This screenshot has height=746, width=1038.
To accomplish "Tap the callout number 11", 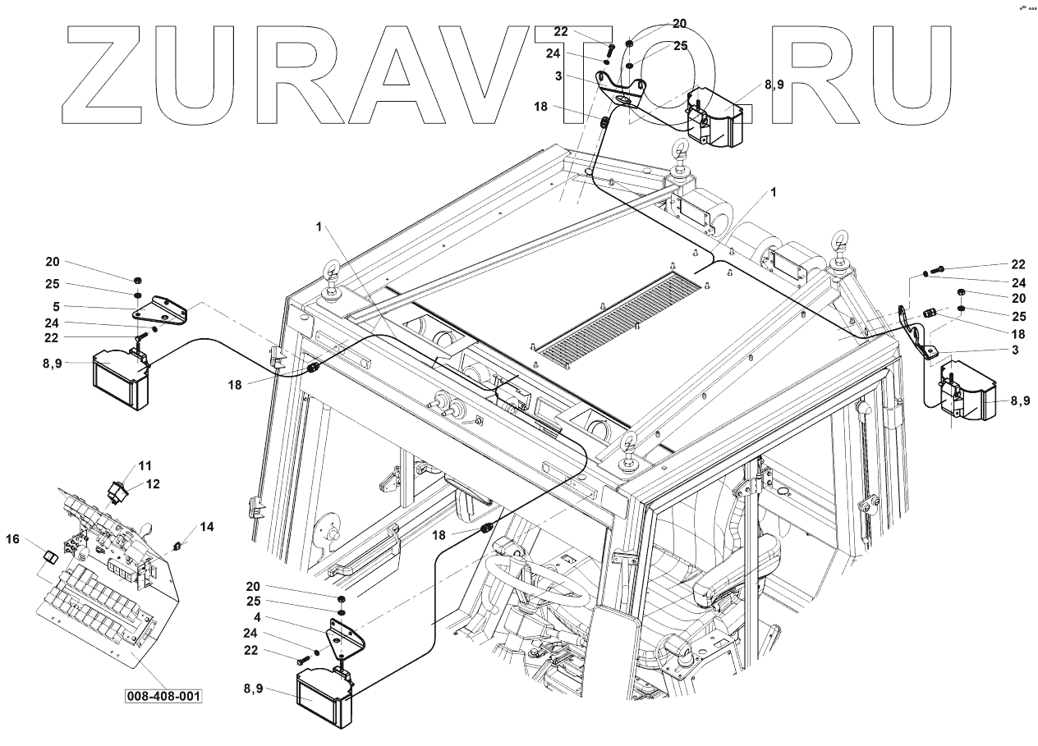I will [145, 465].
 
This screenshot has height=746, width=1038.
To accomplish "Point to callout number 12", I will [153, 483].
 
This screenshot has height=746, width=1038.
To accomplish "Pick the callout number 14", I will [207, 527].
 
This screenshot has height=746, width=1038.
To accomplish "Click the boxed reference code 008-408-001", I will [163, 696].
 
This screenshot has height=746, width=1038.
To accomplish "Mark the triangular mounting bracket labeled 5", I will [165, 310].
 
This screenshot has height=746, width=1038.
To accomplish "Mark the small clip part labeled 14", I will [178, 545].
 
